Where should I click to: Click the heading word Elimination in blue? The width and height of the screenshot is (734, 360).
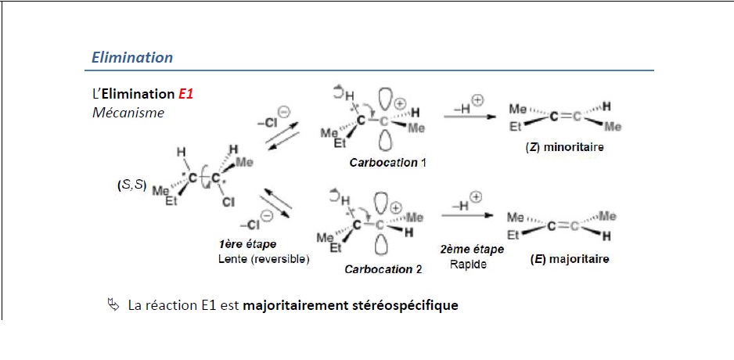coord(132,57)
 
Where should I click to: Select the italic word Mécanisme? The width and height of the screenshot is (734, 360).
coord(128,113)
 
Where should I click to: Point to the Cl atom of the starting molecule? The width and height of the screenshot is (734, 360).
coord(228,202)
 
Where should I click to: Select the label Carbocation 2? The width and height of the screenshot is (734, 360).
coord(383,269)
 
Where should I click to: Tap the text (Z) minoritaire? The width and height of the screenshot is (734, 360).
coord(565,146)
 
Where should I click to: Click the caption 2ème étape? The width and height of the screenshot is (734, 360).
coord(472,250)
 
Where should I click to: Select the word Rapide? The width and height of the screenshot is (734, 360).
coord(468,264)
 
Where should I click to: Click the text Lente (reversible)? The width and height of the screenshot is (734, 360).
coord(263,259)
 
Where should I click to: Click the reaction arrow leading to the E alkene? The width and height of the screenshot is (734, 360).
coord(468,216)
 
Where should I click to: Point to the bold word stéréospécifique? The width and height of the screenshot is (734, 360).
coord(401,304)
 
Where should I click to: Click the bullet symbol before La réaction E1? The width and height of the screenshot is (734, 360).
coord(113,304)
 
